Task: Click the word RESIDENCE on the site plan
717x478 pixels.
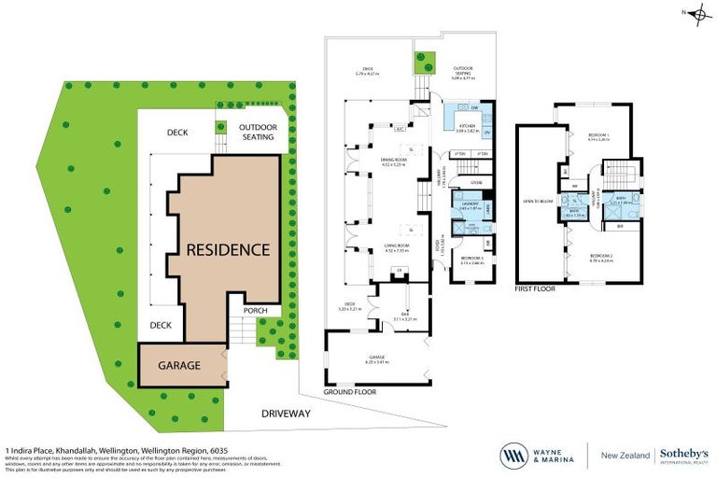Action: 228,250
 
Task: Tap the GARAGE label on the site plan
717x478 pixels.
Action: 178,365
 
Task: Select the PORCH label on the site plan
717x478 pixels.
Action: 255,311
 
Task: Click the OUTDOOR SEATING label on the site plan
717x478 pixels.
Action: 257,132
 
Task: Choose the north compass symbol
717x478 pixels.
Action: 696,12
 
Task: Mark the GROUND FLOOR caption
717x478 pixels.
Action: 350,393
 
